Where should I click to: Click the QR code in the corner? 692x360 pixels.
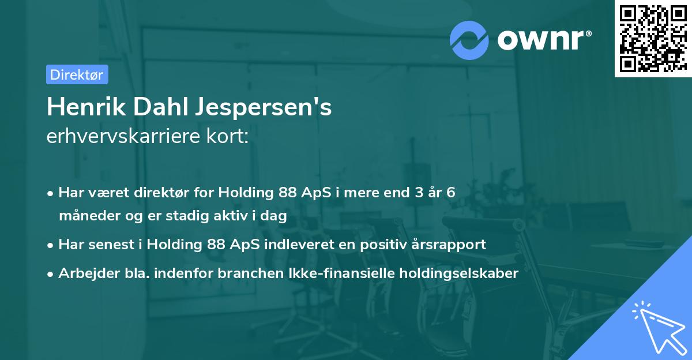tap(653, 39)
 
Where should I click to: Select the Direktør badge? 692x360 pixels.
tap(77, 74)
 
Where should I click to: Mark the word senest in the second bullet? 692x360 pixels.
tap(110, 245)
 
